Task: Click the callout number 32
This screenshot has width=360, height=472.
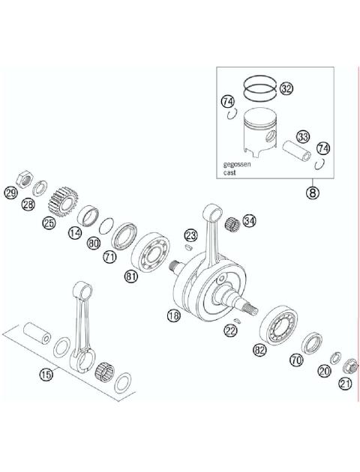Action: [x=286, y=89]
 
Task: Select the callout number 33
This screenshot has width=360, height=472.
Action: [x=302, y=137]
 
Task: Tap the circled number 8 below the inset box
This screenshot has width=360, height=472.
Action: [x=312, y=193]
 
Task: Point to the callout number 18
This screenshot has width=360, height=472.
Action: [x=173, y=316]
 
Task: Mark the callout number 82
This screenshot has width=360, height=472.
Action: [x=259, y=349]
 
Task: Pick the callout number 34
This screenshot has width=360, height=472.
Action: [x=249, y=221]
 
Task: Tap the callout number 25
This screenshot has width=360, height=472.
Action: [x=49, y=223]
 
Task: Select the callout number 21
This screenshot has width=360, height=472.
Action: [x=345, y=384]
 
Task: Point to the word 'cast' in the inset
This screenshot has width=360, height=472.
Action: [x=229, y=172]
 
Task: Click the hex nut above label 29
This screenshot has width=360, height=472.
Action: [x=25, y=178]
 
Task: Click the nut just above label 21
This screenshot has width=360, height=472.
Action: [x=349, y=367]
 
